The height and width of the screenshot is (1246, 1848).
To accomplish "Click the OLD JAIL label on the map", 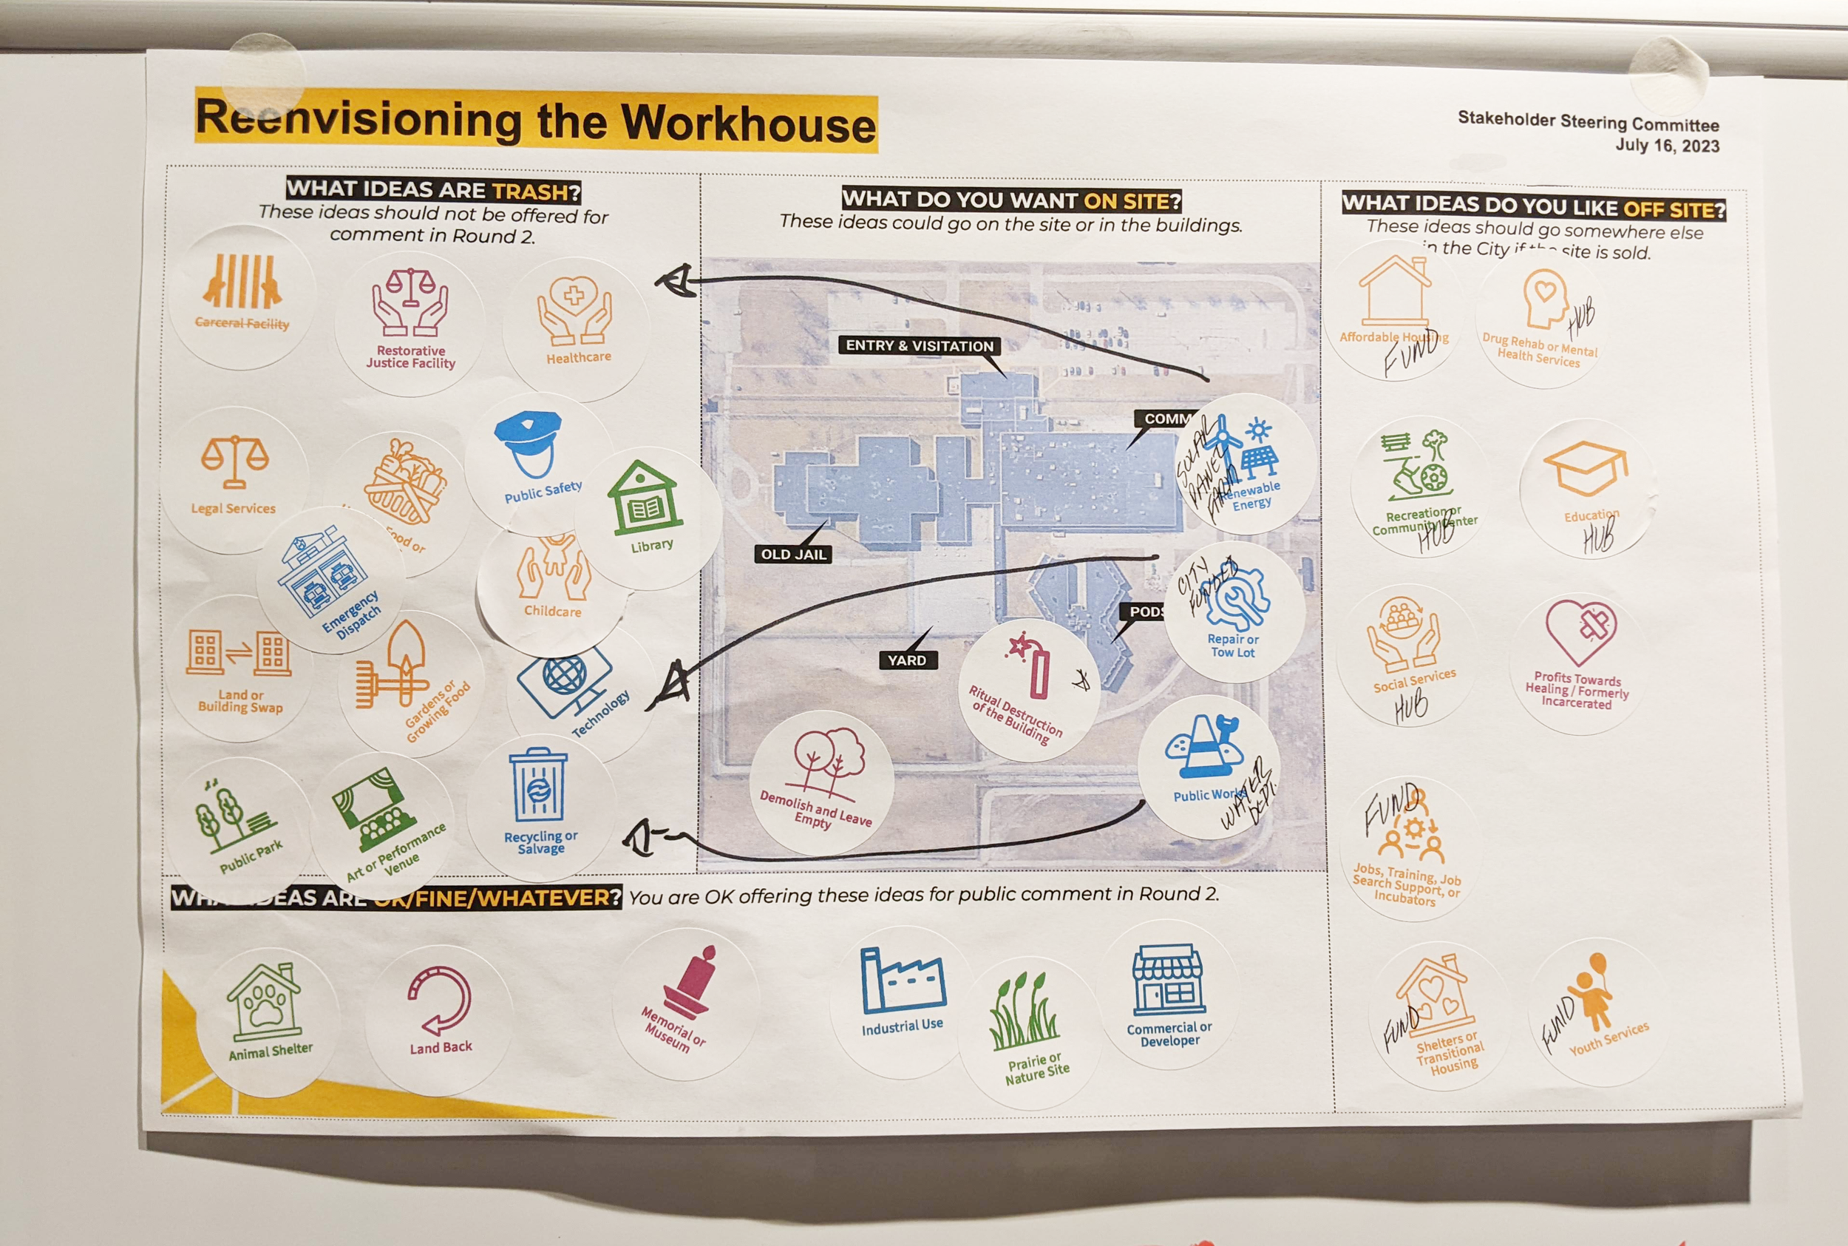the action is pos(793,554).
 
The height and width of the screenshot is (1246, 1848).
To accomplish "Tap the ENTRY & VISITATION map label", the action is pos(919,345).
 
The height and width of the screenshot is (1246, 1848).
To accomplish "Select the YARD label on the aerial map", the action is pos(907,660).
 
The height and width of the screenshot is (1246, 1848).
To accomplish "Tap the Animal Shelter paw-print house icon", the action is pos(265,1002).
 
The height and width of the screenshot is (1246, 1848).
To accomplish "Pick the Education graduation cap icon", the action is pos(1585,468).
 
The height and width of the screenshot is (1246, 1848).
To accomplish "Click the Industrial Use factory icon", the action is pos(901,981).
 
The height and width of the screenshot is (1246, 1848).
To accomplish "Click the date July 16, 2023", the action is pos(1667,146).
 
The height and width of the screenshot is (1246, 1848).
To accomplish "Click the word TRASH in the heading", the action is pos(530,192).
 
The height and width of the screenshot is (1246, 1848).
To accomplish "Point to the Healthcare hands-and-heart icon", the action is pos(574,310).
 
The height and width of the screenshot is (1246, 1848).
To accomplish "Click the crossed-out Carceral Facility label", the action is pos(242,322).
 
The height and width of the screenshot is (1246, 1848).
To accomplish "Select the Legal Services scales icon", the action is pos(234,461).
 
